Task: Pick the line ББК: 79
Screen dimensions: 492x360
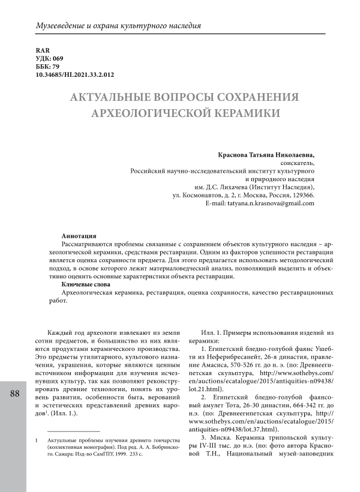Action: [x=47, y=67]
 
